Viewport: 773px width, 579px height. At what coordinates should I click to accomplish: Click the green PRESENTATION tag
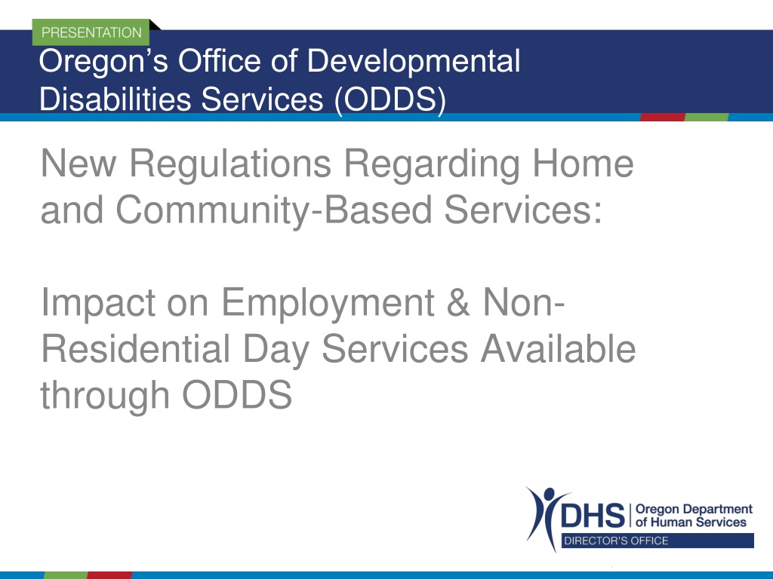(91, 32)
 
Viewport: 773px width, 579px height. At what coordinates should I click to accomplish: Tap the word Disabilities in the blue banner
(115, 99)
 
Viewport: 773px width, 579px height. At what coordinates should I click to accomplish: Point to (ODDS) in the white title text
(390, 100)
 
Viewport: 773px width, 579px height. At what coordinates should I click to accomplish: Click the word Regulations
(230, 163)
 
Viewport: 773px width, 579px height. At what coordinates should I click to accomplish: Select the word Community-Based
(273, 210)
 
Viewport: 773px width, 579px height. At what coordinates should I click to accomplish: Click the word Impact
(99, 303)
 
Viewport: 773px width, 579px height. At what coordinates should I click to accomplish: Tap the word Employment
(328, 303)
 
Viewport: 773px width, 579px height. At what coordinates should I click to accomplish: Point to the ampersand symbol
(458, 302)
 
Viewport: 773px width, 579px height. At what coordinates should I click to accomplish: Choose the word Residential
(136, 348)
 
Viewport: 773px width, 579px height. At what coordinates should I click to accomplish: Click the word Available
(558, 348)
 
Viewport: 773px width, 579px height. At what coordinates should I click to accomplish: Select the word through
(105, 395)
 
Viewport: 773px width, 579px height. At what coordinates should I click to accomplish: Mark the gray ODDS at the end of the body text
(237, 395)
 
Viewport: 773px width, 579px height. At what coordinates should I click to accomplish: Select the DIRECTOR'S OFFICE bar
(658, 541)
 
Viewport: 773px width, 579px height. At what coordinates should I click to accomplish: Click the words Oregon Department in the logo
(694, 509)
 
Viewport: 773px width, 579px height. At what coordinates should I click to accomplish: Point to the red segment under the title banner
(663, 117)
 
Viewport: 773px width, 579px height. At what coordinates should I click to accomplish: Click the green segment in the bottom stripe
(66, 575)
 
